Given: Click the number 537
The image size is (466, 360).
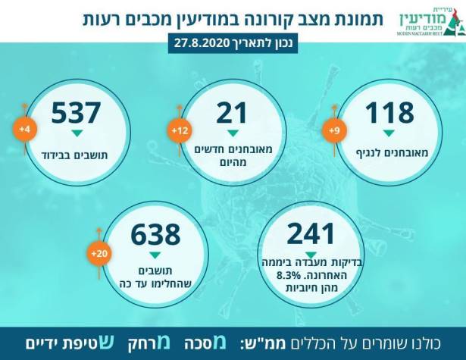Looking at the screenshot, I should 76,114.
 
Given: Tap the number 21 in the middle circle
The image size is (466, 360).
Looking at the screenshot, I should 233,114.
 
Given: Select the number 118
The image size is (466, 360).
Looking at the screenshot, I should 390,114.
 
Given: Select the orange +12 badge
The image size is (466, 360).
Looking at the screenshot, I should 180,131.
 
